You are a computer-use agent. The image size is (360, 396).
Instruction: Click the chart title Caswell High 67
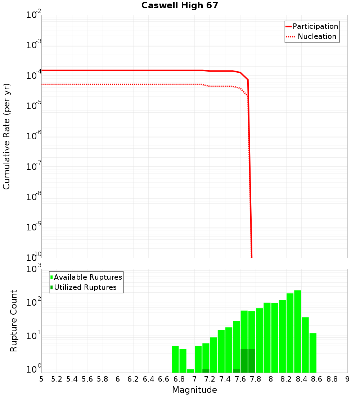(x=180, y=5)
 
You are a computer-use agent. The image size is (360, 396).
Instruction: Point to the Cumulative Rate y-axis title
(x=7, y=136)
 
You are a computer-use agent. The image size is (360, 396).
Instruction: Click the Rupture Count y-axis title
(x=14, y=320)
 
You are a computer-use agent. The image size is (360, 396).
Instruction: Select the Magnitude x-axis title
(x=194, y=390)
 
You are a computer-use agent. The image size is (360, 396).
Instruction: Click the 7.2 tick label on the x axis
(x=210, y=379)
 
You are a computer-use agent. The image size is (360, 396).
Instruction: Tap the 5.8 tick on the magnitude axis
(x=103, y=379)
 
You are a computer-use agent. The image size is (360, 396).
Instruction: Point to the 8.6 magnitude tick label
(x=317, y=379)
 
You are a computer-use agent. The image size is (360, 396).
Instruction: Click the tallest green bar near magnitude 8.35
(x=298, y=331)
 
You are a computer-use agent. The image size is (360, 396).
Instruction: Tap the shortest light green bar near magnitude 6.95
(x=190, y=371)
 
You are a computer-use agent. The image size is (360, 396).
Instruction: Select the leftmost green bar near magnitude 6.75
(x=175, y=359)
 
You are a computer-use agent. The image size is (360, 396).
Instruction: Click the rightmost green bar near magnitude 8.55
(x=313, y=353)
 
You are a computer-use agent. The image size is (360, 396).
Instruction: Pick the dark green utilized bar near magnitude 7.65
(x=244, y=361)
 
